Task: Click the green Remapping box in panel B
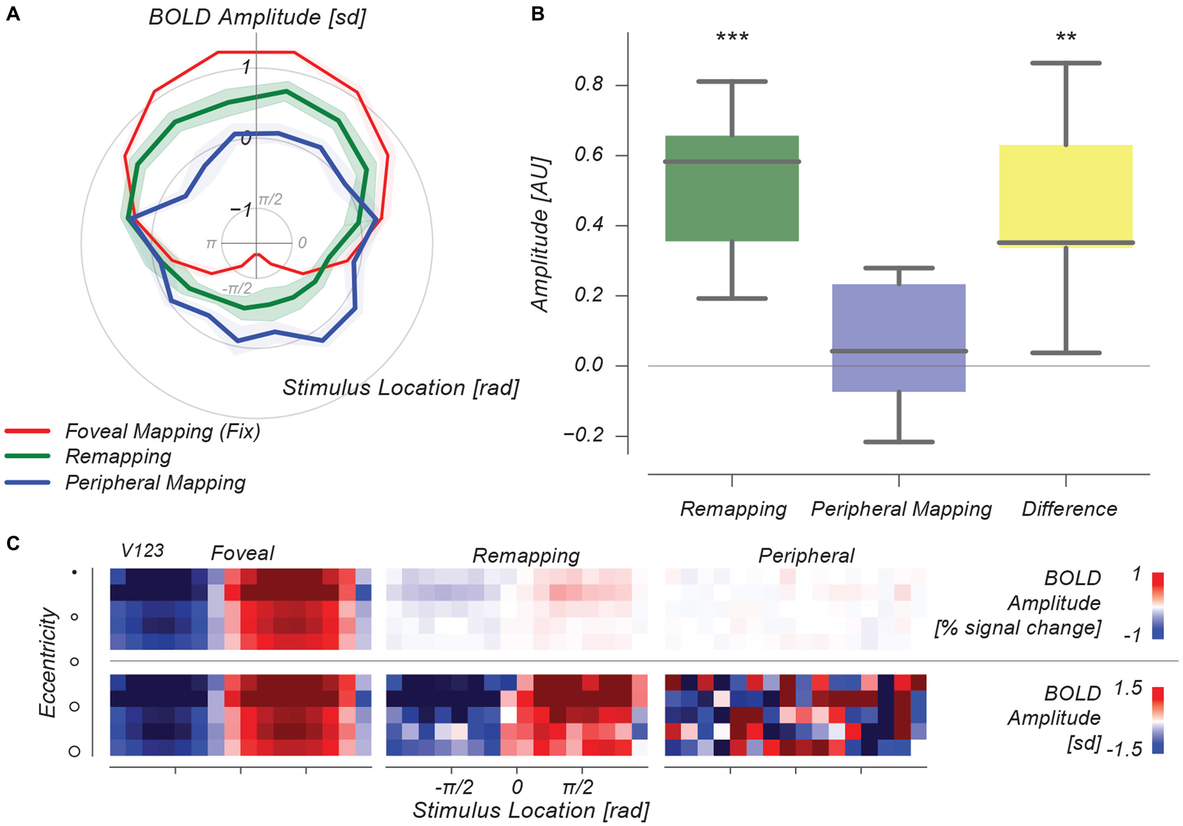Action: coord(732,189)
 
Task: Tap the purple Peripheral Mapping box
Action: coord(898,338)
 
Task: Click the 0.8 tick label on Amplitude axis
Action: coord(589,84)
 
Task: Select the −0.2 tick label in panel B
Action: coord(584,435)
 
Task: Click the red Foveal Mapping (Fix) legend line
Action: coord(28,431)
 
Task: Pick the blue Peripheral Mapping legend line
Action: coord(28,483)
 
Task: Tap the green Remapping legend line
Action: coord(28,456)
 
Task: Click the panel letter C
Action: coord(13,543)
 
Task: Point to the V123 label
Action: coord(142,551)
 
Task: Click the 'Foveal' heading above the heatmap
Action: coord(243,553)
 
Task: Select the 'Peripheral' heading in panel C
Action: coord(806,556)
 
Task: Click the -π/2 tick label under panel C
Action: coord(454,787)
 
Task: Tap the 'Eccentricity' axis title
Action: coord(48,662)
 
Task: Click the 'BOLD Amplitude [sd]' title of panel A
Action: coord(257,17)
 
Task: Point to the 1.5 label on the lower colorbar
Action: coord(1128,688)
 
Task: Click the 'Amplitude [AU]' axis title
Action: coord(540,234)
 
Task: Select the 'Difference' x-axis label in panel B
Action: coord(1069,509)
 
